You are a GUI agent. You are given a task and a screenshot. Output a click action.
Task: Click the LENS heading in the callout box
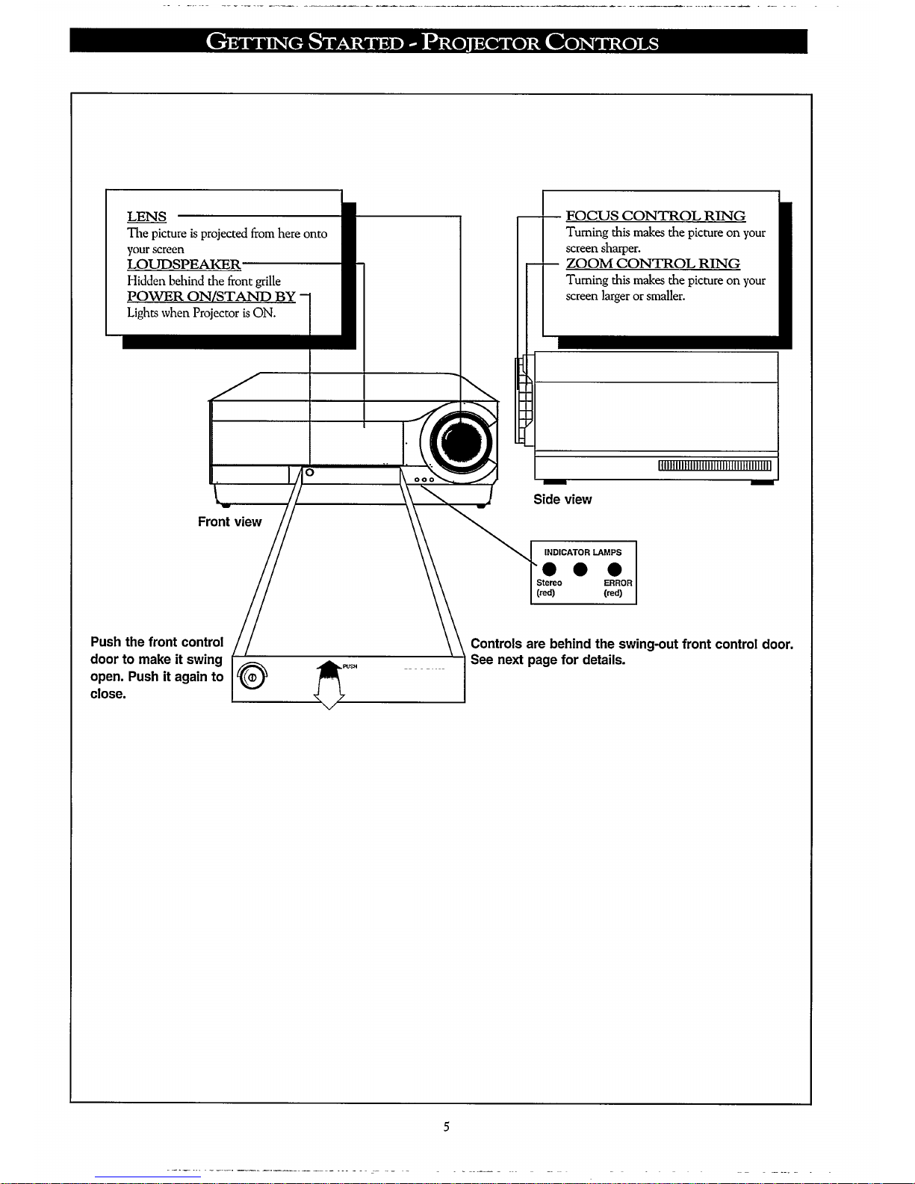point(146,217)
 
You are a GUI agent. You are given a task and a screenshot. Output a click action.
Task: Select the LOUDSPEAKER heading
point(184,264)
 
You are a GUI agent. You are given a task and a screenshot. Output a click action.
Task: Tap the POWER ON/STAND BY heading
point(211,297)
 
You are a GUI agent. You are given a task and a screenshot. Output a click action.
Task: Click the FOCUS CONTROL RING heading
point(655,216)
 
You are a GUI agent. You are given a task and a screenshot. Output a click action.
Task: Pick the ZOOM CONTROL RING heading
point(653,264)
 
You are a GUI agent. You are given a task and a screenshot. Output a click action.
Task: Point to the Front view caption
point(229,522)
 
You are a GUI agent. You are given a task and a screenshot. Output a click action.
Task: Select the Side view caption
point(562,500)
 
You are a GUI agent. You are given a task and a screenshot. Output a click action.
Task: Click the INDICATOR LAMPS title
point(583,553)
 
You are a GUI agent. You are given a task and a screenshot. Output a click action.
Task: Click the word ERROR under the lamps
point(618,583)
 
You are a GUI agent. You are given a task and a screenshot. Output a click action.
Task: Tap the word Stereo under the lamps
point(549,583)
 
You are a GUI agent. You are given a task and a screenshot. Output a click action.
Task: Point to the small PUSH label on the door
point(350,666)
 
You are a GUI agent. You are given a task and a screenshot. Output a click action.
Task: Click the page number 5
point(446,1127)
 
